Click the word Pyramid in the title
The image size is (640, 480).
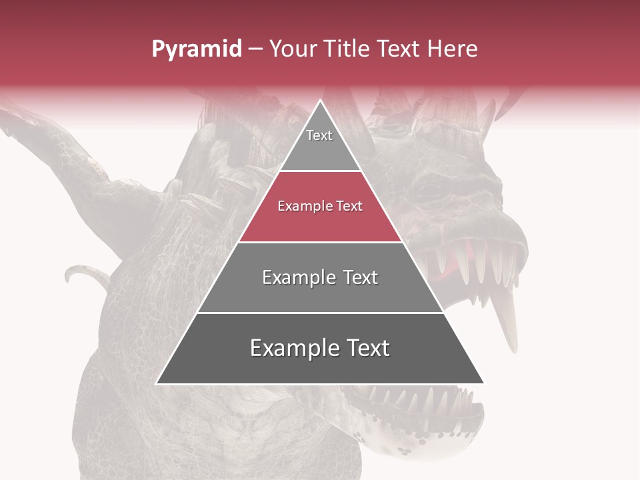[197, 49]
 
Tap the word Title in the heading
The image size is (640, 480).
[347, 49]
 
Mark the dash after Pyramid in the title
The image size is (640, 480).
[255, 49]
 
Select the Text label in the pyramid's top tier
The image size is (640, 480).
[319, 135]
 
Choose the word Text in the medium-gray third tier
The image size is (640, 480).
[361, 277]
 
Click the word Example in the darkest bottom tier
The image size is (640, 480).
[293, 348]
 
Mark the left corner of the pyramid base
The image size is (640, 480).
[157, 383]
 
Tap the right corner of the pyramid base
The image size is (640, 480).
[484, 383]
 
